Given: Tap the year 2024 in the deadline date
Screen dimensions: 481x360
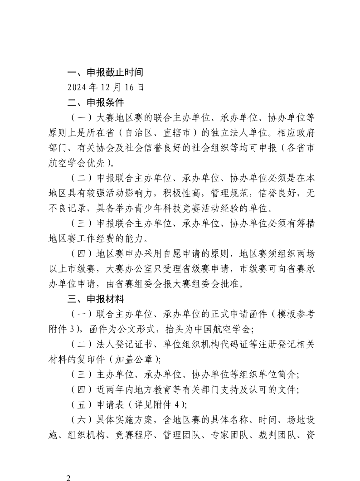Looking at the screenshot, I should point(77,87).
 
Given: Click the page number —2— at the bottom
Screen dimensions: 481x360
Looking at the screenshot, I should point(68,478).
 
